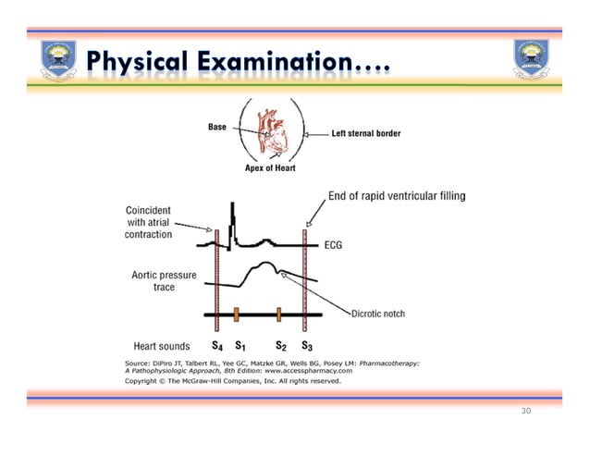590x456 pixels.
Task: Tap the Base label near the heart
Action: (217, 127)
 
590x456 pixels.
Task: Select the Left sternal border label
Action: (366, 134)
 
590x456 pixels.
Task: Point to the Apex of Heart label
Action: (270, 168)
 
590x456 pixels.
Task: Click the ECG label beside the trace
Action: (337, 245)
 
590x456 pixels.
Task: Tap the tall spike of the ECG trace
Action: (232, 217)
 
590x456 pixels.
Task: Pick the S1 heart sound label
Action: (238, 347)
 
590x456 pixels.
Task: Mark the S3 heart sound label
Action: (307, 347)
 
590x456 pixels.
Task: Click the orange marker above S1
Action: (237, 314)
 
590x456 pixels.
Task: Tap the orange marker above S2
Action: (278, 314)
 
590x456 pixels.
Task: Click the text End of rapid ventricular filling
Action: (397, 196)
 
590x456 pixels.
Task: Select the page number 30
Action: (525, 410)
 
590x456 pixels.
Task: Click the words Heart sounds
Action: (162, 347)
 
